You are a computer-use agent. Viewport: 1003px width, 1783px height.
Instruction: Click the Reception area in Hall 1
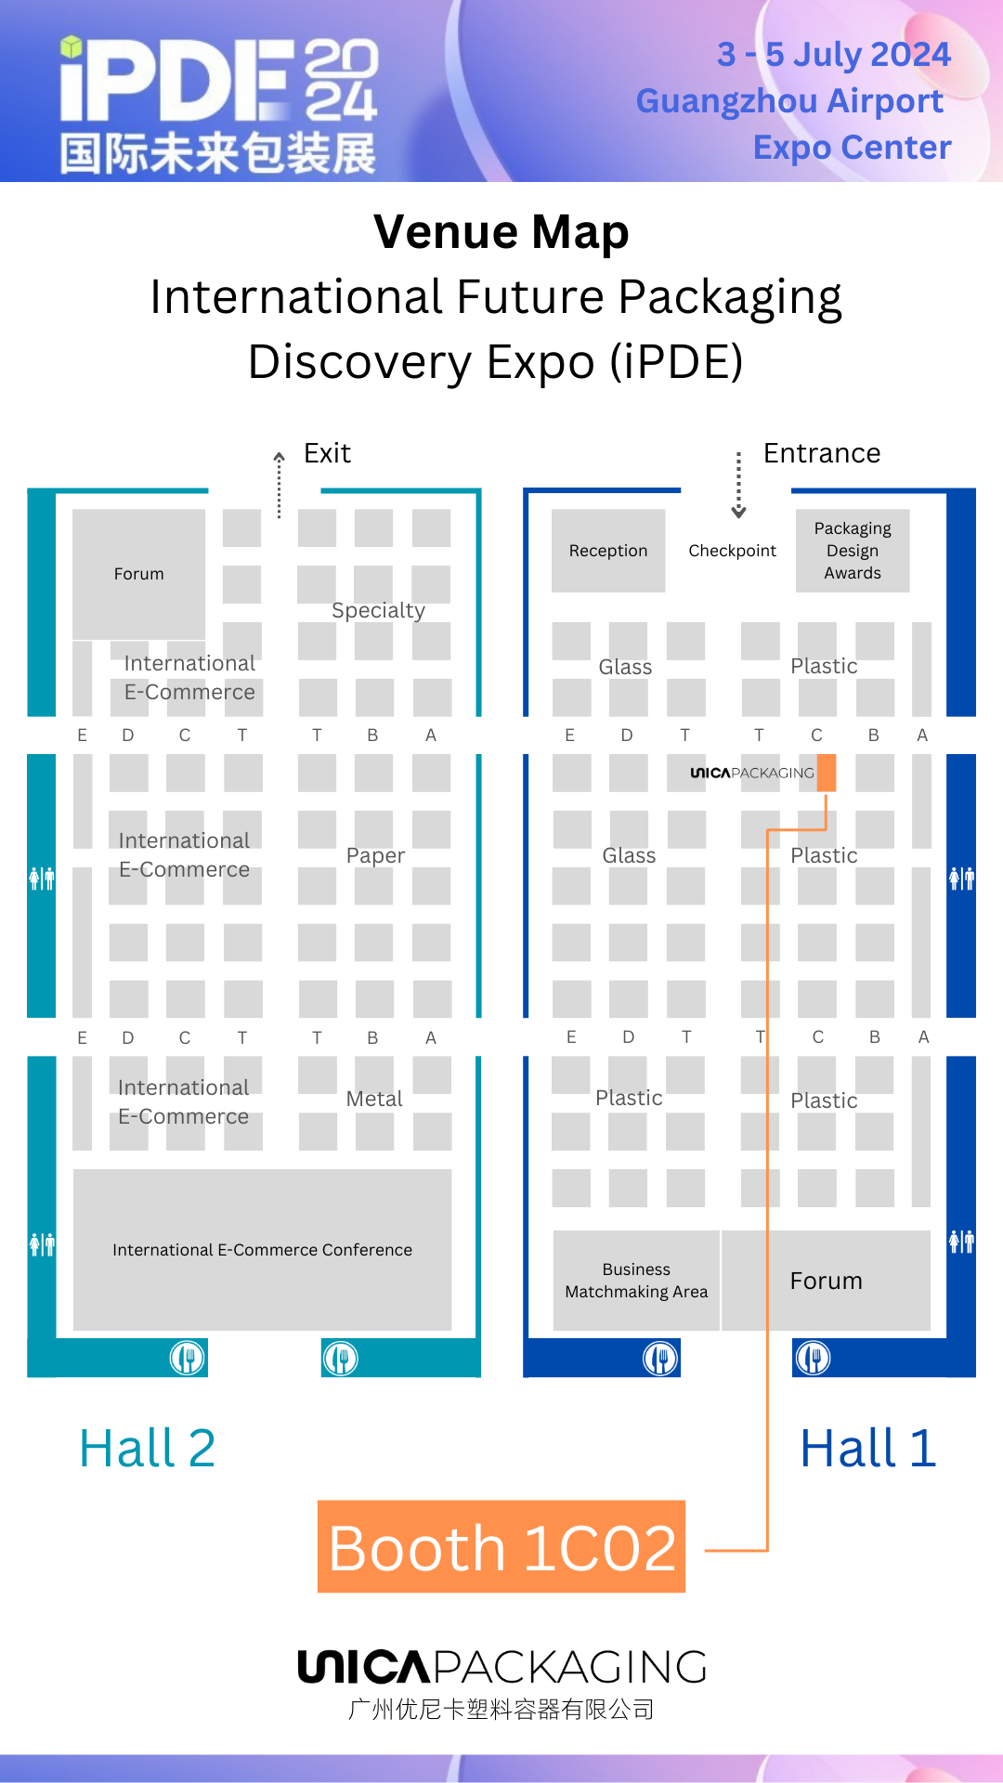coord(608,551)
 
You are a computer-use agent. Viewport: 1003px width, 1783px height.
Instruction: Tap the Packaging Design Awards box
coord(853,551)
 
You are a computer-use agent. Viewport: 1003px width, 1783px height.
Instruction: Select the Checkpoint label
coord(732,551)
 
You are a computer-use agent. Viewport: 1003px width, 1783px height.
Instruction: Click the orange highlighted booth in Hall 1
coord(826,773)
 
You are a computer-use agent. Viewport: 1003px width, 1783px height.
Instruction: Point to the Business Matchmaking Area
coord(636,1281)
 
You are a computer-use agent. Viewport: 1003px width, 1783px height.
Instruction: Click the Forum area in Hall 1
coord(826,1281)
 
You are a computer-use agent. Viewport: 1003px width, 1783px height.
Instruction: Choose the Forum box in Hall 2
coord(138,574)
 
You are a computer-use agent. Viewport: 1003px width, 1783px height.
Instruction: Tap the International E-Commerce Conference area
coord(262,1250)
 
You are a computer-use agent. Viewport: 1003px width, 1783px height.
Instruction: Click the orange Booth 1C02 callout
coord(501,1547)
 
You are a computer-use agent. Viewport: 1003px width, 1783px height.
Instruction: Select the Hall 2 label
coord(148,1448)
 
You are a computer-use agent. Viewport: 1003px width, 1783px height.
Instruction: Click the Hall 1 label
coord(868,1448)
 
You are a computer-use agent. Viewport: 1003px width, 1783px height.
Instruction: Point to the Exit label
coord(327,453)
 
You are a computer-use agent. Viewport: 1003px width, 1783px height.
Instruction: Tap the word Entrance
coord(822,453)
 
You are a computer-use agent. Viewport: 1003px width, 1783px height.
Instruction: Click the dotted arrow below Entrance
coord(738,485)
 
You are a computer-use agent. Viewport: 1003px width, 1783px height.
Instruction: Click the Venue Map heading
coord(501,232)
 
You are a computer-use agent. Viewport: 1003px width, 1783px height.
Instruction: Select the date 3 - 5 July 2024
coord(833,55)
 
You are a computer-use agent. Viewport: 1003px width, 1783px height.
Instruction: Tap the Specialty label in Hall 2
coord(378,610)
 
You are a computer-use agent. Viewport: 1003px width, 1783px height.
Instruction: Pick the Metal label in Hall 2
coord(374,1099)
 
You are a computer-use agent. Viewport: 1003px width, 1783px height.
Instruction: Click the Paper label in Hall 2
coord(375,855)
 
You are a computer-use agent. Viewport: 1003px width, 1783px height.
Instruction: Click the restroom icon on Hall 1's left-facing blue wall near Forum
coord(961,1241)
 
